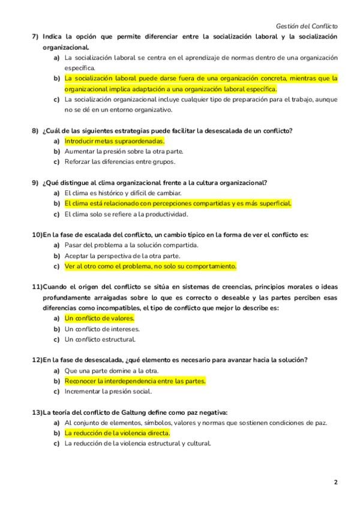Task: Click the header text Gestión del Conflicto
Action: [x=307, y=26]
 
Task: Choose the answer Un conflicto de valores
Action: [x=99, y=319]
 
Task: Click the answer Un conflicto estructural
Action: [x=100, y=339]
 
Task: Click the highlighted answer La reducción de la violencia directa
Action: [x=117, y=433]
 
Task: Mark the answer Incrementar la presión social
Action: [x=108, y=391]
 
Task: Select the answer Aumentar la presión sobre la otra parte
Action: [x=124, y=151]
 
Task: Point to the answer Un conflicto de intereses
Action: [x=102, y=329]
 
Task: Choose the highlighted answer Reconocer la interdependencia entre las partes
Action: [x=135, y=381]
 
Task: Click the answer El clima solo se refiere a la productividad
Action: [x=126, y=214]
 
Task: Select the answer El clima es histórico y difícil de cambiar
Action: [x=122, y=193]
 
